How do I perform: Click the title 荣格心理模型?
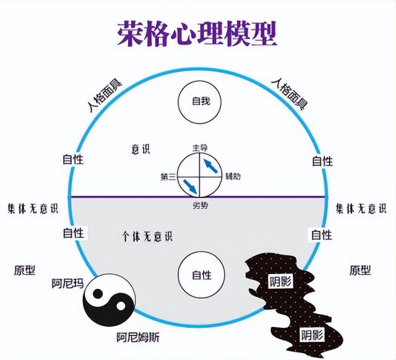point(196,35)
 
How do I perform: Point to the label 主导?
point(199,147)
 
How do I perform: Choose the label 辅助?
point(233,176)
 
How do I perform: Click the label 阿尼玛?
point(68,285)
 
